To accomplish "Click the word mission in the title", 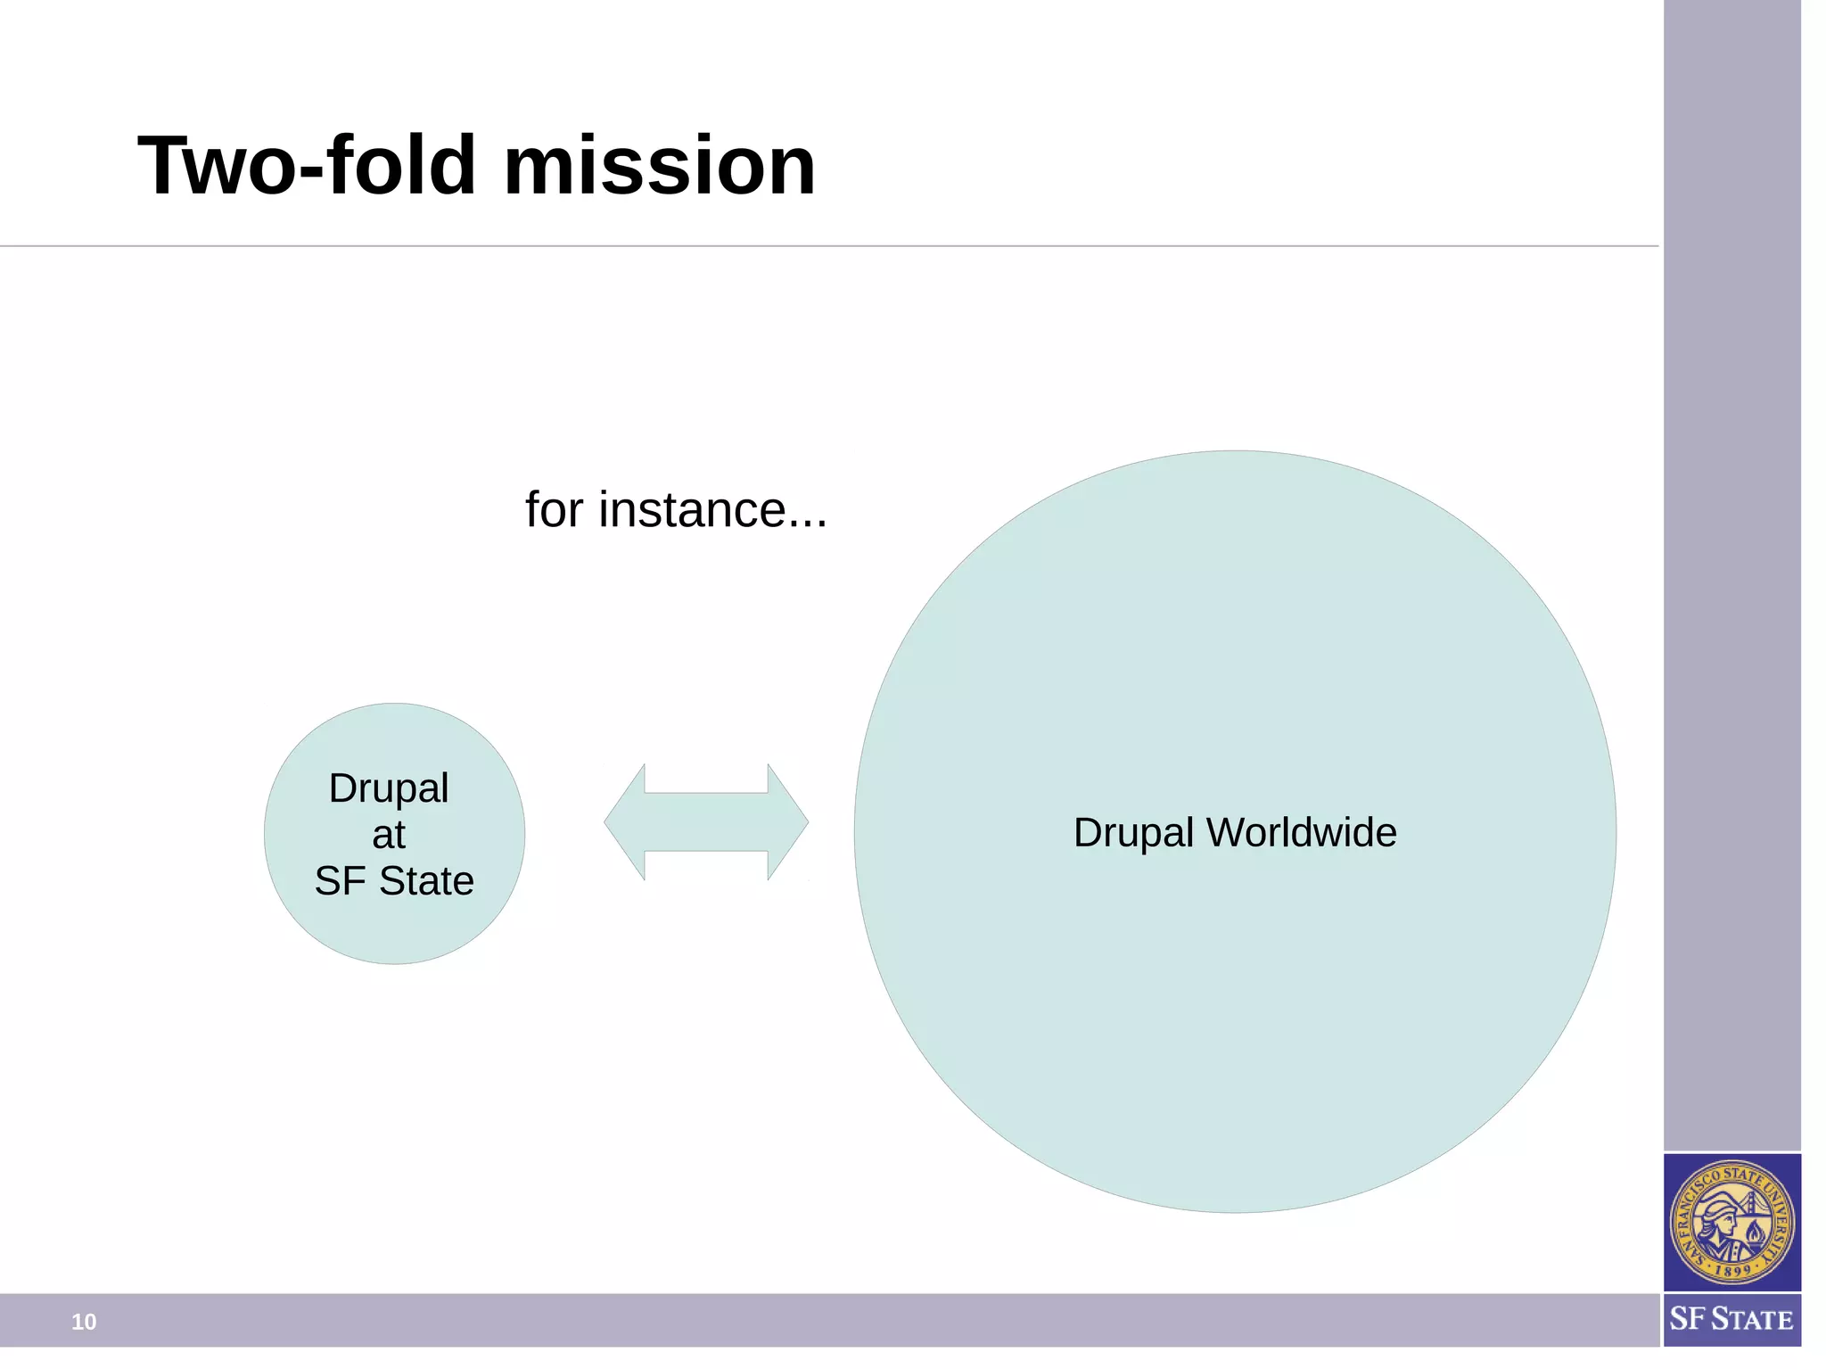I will pyautogui.click(x=660, y=166).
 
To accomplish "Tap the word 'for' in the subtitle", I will pyautogui.click(x=554, y=510).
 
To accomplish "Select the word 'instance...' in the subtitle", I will pyautogui.click(x=712, y=510).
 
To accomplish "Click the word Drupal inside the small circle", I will pyautogui.click(x=389, y=788).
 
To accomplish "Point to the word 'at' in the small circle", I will pyautogui.click(x=389, y=835).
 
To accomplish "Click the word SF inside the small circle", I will pyautogui.click(x=341, y=881).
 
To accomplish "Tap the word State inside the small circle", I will pyautogui.click(x=426, y=881).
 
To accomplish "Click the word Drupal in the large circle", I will pyautogui.click(x=1132, y=833).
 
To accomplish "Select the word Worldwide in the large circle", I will pyautogui.click(x=1301, y=833).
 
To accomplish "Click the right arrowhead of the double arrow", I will pyautogui.click(x=787, y=822).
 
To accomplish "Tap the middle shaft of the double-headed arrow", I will pyautogui.click(x=706, y=822).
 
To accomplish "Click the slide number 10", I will pyautogui.click(x=84, y=1322).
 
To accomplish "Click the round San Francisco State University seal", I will pyautogui.click(x=1731, y=1223).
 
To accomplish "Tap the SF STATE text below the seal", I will pyautogui.click(x=1731, y=1319).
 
